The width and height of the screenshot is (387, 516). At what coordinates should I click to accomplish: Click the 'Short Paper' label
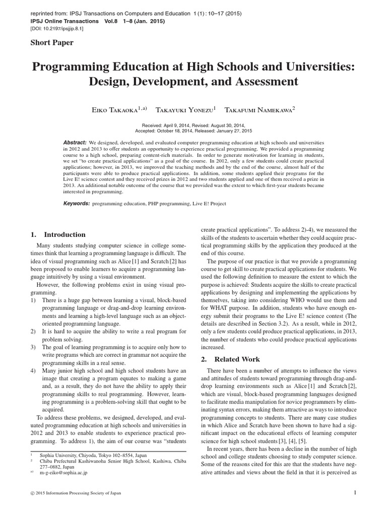(52, 42)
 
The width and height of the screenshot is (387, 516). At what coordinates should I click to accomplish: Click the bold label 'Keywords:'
(76, 204)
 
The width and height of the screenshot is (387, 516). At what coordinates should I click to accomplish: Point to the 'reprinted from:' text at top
(48, 14)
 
